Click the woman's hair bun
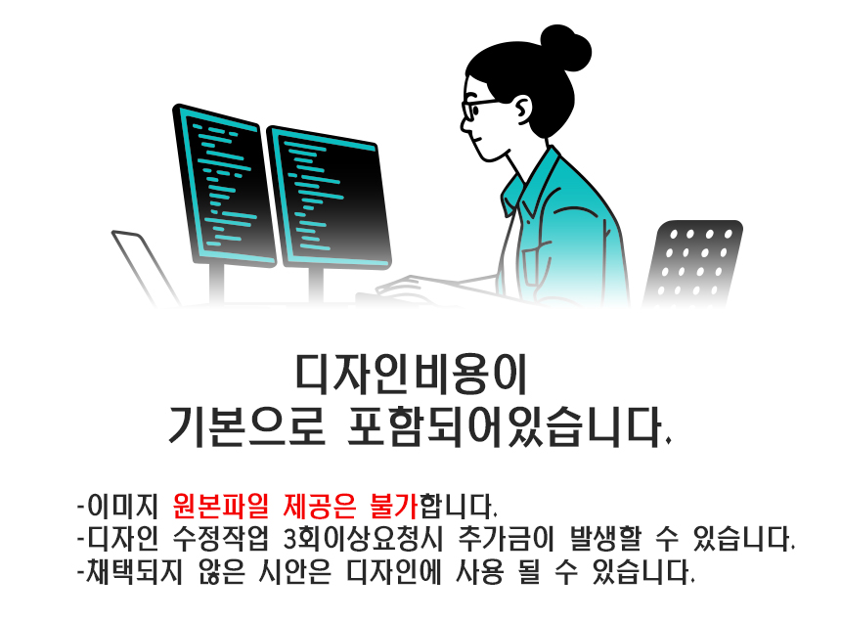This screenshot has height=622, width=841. pyautogui.click(x=565, y=48)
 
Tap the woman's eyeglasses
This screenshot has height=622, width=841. pyautogui.click(x=476, y=108)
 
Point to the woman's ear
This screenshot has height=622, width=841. pyautogui.click(x=522, y=109)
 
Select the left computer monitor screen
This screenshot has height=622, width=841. pyautogui.click(x=224, y=185)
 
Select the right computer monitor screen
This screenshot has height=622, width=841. pyautogui.click(x=329, y=198)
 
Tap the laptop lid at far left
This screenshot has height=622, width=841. pyautogui.click(x=145, y=267)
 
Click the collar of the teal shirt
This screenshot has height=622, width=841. pyautogui.click(x=528, y=182)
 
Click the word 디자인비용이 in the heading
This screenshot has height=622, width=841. pyautogui.click(x=412, y=374)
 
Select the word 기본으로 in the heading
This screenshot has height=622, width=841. pyautogui.click(x=246, y=426)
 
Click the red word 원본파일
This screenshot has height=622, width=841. pyautogui.click(x=220, y=505)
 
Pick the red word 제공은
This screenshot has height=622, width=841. pyautogui.click(x=320, y=505)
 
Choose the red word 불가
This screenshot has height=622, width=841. pyautogui.click(x=394, y=505)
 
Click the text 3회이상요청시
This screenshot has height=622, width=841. pyautogui.click(x=363, y=538)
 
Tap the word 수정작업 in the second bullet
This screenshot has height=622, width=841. pyautogui.click(x=220, y=538)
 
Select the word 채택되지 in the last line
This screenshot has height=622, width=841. pyautogui.click(x=134, y=571)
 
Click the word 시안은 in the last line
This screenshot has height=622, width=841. pyautogui.click(x=294, y=571)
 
